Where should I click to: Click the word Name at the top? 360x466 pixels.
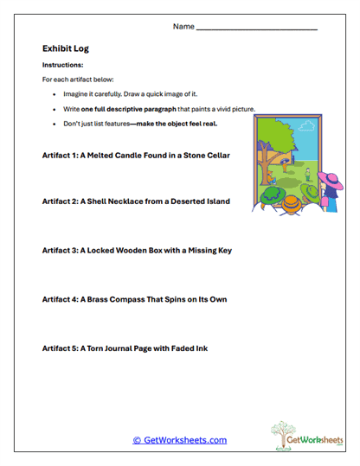183,27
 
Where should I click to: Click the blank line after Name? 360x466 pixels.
256,29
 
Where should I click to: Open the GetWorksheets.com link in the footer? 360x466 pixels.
179,440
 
